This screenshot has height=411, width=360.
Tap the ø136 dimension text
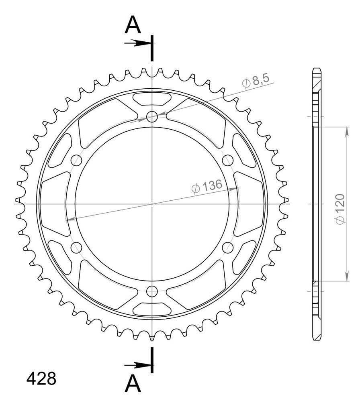click(x=207, y=186)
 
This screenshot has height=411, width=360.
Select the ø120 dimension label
click(x=340, y=209)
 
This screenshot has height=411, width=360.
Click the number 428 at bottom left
click(x=41, y=378)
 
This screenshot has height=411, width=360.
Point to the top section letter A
click(x=133, y=25)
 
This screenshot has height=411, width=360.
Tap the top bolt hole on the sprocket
click(x=152, y=117)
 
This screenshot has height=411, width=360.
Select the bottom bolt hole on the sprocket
click(x=152, y=291)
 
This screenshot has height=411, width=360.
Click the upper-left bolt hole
click(x=76, y=160)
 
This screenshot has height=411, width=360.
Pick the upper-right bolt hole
click(x=228, y=160)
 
